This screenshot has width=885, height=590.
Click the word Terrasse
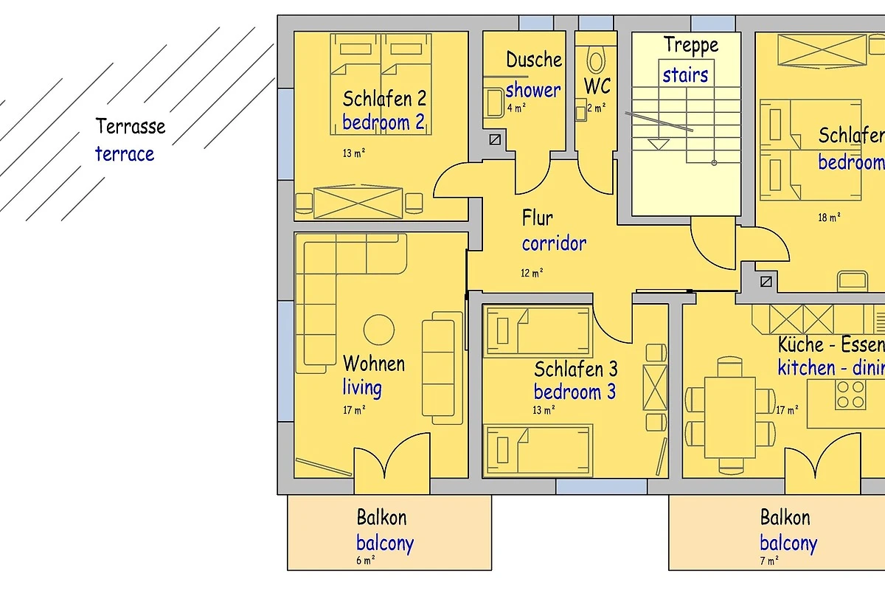click(130, 126)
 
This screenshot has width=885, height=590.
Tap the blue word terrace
click(125, 154)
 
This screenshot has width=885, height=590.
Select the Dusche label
click(534, 60)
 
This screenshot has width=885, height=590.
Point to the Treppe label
click(690, 45)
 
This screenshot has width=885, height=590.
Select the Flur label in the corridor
click(538, 218)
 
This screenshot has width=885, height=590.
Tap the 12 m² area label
click(532, 273)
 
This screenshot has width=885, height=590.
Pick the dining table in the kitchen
click(730, 417)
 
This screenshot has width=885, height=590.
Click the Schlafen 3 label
click(575, 369)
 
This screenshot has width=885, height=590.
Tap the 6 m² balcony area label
click(366, 560)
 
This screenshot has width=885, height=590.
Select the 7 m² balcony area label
click(768, 561)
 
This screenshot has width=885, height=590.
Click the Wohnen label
click(374, 364)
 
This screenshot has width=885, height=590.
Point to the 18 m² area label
click(829, 218)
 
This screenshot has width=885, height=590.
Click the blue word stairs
click(685, 74)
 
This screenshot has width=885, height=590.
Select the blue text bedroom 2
click(383, 122)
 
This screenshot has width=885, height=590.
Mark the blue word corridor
click(554, 243)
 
